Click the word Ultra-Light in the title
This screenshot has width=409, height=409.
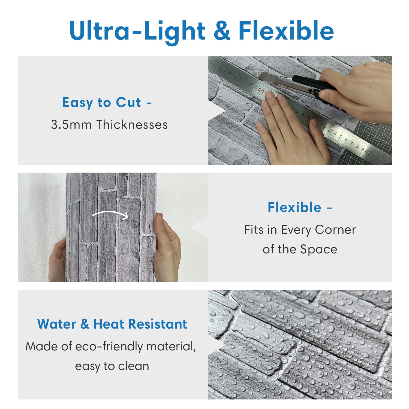[138, 31]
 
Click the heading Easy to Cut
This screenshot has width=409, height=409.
[102, 103]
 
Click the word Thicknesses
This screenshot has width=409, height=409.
[132, 125]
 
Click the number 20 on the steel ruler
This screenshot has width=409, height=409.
[261, 90]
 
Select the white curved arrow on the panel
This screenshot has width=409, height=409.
[110, 214]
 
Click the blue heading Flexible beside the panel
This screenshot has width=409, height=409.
[294, 207]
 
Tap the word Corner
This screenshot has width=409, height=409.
[335, 230]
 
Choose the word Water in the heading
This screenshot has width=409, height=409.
[57, 324]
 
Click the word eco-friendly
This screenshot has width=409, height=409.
[109, 347]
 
